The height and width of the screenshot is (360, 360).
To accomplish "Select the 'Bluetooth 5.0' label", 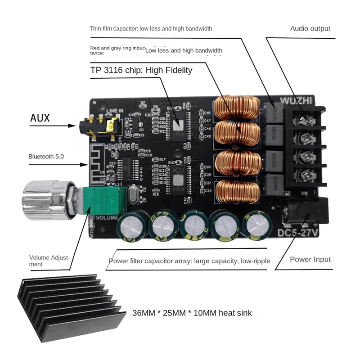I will click(46, 156).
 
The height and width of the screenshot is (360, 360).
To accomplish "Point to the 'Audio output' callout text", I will click(310, 28).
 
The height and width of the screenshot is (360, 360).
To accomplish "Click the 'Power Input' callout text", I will click(310, 259).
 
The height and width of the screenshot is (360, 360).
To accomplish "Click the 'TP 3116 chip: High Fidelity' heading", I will click(141, 70).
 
